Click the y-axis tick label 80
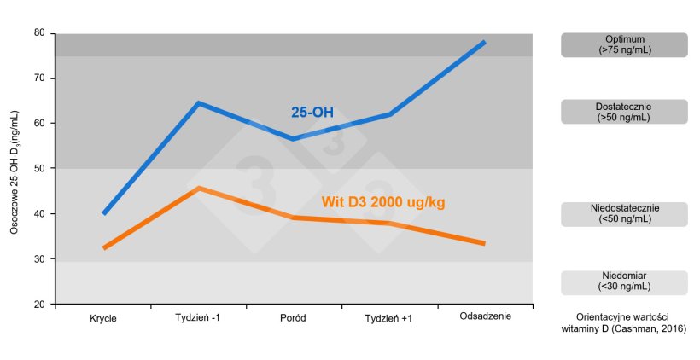click(x=39, y=33)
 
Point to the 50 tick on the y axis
click(x=39, y=169)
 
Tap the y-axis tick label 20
click(x=39, y=305)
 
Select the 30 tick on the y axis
click(x=39, y=259)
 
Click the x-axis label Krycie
click(x=103, y=318)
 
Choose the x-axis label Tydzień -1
click(x=198, y=318)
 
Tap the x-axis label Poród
click(x=293, y=318)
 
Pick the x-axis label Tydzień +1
click(x=388, y=318)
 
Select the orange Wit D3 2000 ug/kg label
click(x=383, y=202)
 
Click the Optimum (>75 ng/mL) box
click(x=624, y=44)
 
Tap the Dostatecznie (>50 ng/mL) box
click(x=624, y=112)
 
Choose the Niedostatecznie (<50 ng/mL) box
click(x=624, y=213)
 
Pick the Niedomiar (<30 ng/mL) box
click(x=624, y=282)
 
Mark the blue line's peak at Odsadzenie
click(x=484, y=42)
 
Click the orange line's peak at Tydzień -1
click(x=198, y=188)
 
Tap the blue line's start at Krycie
click(x=103, y=213)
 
